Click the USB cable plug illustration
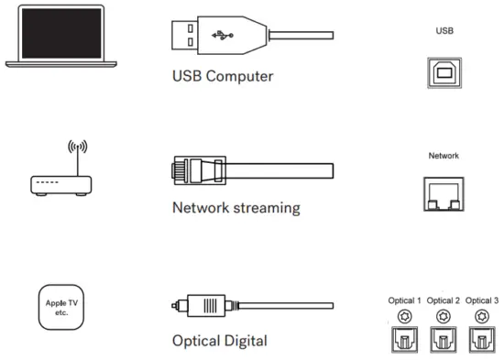coord(206,36)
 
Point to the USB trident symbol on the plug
coord(223,37)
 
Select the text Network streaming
coord(236,207)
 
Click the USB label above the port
coord(444,28)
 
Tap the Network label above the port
coord(444,156)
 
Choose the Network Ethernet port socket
coord(444,193)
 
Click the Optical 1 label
coord(404,300)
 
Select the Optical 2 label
coord(444,300)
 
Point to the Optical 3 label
coord(483,300)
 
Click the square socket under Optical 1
coord(404,342)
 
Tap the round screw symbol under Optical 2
coord(444,317)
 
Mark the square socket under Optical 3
coord(483,342)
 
